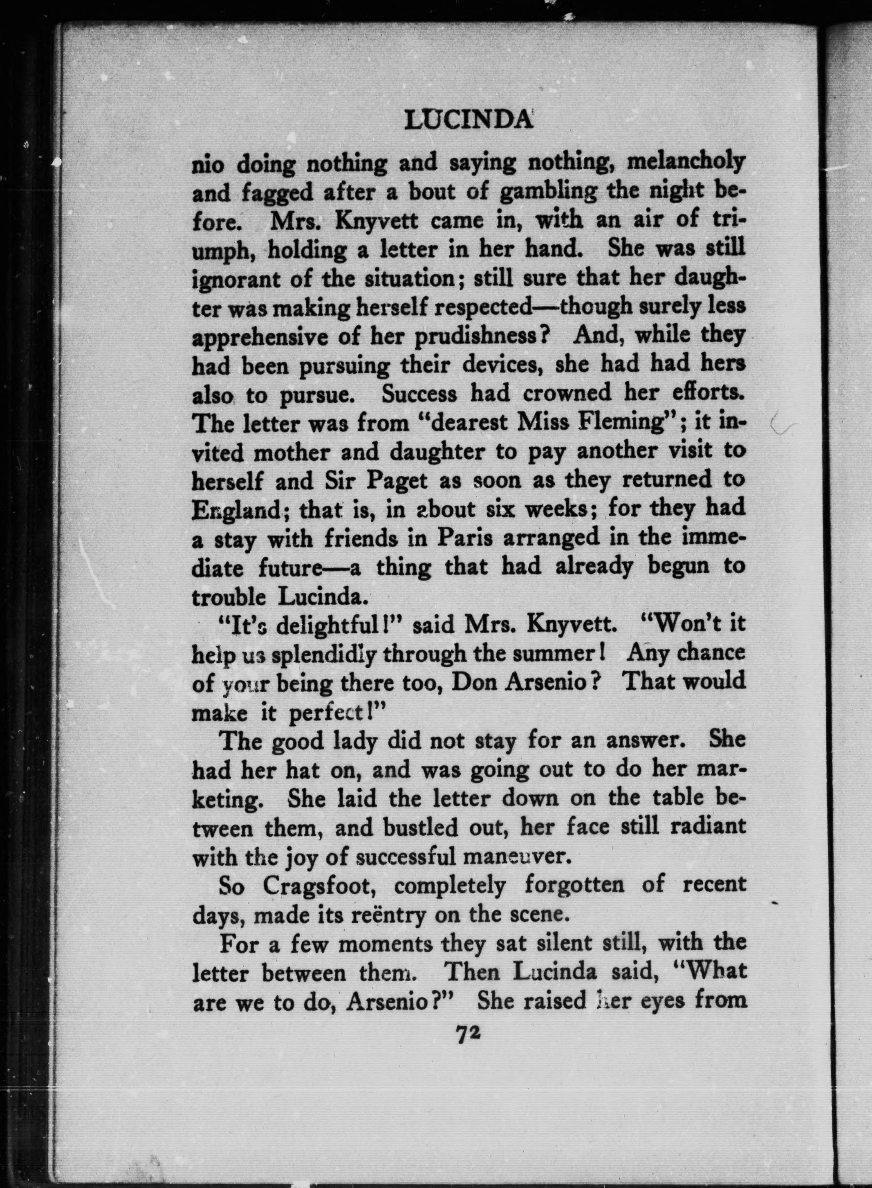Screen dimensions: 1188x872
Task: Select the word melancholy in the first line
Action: [x=685, y=162]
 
